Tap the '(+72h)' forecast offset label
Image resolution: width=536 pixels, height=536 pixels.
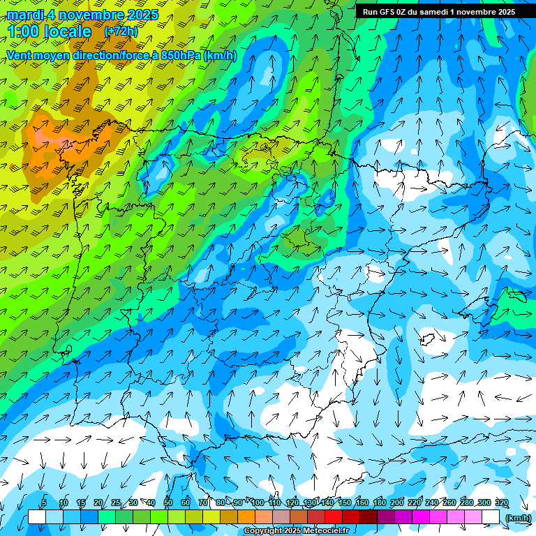pyautogui.click(x=121, y=31)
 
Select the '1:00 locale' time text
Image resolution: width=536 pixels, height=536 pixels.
pyautogui.click(x=50, y=31)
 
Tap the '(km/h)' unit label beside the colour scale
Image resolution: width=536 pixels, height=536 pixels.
pyautogui.click(x=518, y=518)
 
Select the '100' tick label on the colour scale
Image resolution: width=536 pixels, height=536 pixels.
pyautogui.click(x=258, y=503)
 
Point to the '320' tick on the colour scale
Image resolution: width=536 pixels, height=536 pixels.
pyautogui.click(x=501, y=503)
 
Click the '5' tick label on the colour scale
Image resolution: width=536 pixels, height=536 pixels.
pyautogui.click(x=44, y=503)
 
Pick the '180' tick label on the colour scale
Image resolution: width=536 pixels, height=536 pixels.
pyautogui.click(x=379, y=503)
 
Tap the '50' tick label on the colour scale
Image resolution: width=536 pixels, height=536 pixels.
pyautogui.click(x=168, y=503)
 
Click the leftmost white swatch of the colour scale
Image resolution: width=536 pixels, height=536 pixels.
pyautogui.click(x=36, y=516)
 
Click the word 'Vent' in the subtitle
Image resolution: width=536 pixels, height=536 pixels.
pyautogui.click(x=19, y=55)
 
